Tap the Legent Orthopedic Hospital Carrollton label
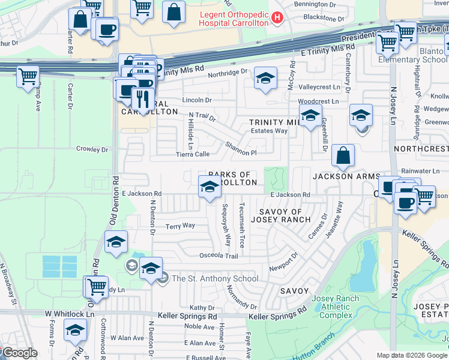pyautogui.click(x=231, y=18)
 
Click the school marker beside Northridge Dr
pyautogui.click(x=265, y=79)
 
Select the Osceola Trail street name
pyautogui.click(x=219, y=256)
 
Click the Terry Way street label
pyautogui.click(x=180, y=226)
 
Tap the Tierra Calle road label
pyautogui.click(x=193, y=154)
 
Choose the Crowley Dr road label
pyautogui.click(x=92, y=149)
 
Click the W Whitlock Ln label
pyautogui.click(x=70, y=314)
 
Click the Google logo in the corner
pyautogui.click(x=19, y=353)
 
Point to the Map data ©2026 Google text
pyautogui.click(x=412, y=355)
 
